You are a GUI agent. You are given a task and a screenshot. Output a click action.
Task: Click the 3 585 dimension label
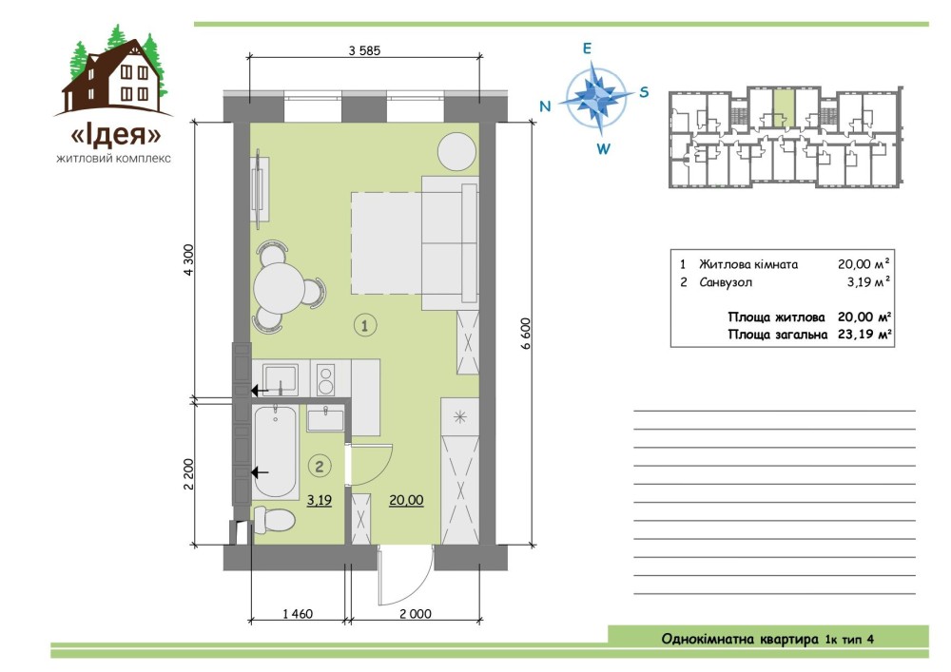(x=364, y=51)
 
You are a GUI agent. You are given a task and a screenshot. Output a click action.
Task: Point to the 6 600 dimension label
(x=525, y=334)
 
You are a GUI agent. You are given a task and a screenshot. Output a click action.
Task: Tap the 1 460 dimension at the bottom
(x=298, y=614)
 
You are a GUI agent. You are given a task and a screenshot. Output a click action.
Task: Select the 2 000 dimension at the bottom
(x=416, y=614)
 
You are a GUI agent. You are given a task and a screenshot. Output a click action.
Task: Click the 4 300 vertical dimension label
(x=188, y=259)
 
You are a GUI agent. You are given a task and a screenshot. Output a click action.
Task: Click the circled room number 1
(x=364, y=325)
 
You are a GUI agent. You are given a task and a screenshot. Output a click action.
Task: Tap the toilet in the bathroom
(x=274, y=520)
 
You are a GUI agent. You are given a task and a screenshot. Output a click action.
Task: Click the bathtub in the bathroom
(x=276, y=452)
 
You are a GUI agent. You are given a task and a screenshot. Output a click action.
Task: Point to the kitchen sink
(x=280, y=378)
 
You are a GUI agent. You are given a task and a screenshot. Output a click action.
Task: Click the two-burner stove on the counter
(x=325, y=378)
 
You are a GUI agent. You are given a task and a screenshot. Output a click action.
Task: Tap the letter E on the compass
(x=587, y=48)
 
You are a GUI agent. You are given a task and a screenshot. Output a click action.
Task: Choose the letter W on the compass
(x=603, y=148)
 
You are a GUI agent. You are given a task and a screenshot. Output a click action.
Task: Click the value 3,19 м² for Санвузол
(x=868, y=281)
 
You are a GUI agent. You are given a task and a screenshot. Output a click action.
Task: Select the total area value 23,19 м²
(x=864, y=334)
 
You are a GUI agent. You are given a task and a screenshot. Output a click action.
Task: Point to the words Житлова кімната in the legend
(x=747, y=264)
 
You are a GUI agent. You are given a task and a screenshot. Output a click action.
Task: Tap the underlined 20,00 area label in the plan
(x=406, y=501)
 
